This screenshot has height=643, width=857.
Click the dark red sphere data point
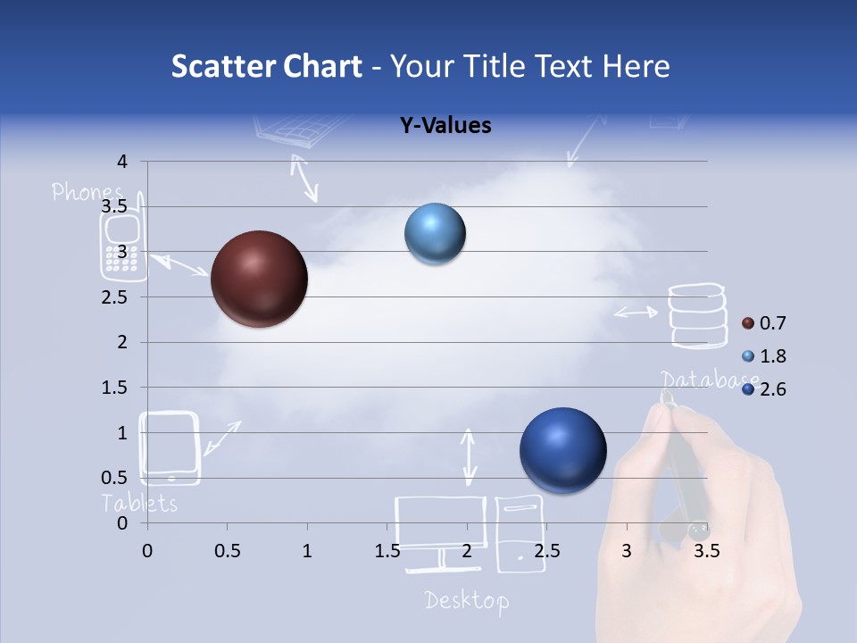pyautogui.click(x=259, y=279)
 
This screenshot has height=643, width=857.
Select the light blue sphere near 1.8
pyautogui.click(x=435, y=234)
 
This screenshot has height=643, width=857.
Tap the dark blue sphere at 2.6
pyautogui.click(x=562, y=450)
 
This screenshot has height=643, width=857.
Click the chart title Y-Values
pyautogui.click(x=445, y=126)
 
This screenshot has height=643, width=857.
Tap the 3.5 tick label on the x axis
pyautogui.click(x=706, y=551)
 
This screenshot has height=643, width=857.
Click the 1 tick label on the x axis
pyautogui.click(x=307, y=551)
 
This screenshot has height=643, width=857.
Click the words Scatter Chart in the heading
pyautogui.click(x=266, y=66)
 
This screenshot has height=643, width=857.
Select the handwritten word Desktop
pyautogui.click(x=466, y=600)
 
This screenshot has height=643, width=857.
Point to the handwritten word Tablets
pyautogui.click(x=139, y=503)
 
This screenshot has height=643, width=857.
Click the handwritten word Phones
pyautogui.click(x=87, y=192)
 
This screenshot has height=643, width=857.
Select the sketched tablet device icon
pyautogui.click(x=170, y=447)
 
